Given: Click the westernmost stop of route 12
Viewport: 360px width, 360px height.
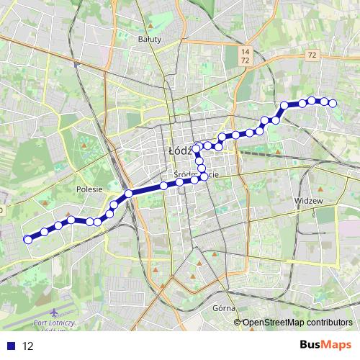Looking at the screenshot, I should pos(28,239).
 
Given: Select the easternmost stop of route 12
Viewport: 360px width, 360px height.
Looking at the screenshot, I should pos(333,104).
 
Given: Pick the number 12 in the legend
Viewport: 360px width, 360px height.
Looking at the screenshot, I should pos(27,346).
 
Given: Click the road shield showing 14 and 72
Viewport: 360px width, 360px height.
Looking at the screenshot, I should pos(246,57).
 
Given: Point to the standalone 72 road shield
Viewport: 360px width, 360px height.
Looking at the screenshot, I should pos(310,55).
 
